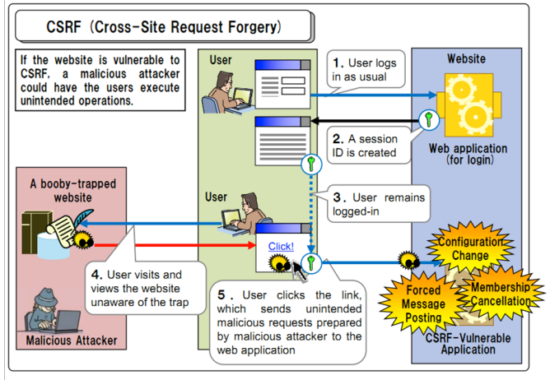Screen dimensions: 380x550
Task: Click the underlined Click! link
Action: pyautogui.click(x=281, y=246)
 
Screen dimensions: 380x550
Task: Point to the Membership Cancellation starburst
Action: pyautogui.click(x=500, y=293)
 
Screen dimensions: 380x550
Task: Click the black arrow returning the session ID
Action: pyautogui.click(x=362, y=121)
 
